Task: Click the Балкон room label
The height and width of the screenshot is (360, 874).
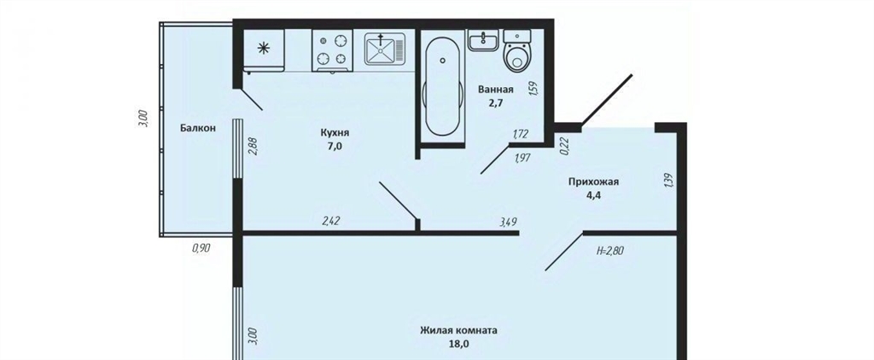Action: (197, 128)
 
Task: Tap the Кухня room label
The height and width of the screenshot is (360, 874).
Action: (335, 132)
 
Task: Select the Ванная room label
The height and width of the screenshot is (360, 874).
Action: (496, 90)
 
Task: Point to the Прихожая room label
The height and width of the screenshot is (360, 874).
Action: (594, 182)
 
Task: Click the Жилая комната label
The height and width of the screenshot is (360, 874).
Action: (458, 330)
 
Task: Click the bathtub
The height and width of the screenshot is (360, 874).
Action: (443, 84)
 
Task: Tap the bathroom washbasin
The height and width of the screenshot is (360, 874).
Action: (483, 40)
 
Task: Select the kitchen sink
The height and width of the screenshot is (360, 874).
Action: (385, 49)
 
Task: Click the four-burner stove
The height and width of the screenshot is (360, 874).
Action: (332, 50)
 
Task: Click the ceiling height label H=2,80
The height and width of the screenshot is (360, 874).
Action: (609, 251)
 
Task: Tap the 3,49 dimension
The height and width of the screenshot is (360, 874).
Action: (509, 222)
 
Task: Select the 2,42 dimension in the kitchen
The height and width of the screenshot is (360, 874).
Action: (331, 221)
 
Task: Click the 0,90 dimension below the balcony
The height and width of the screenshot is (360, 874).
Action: (201, 249)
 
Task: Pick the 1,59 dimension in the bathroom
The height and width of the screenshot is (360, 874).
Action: (533, 90)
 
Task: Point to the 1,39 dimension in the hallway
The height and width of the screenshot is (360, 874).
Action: (669, 181)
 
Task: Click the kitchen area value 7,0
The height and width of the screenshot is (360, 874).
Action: (335, 146)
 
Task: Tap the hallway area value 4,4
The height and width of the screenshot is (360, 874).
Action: (594, 195)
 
